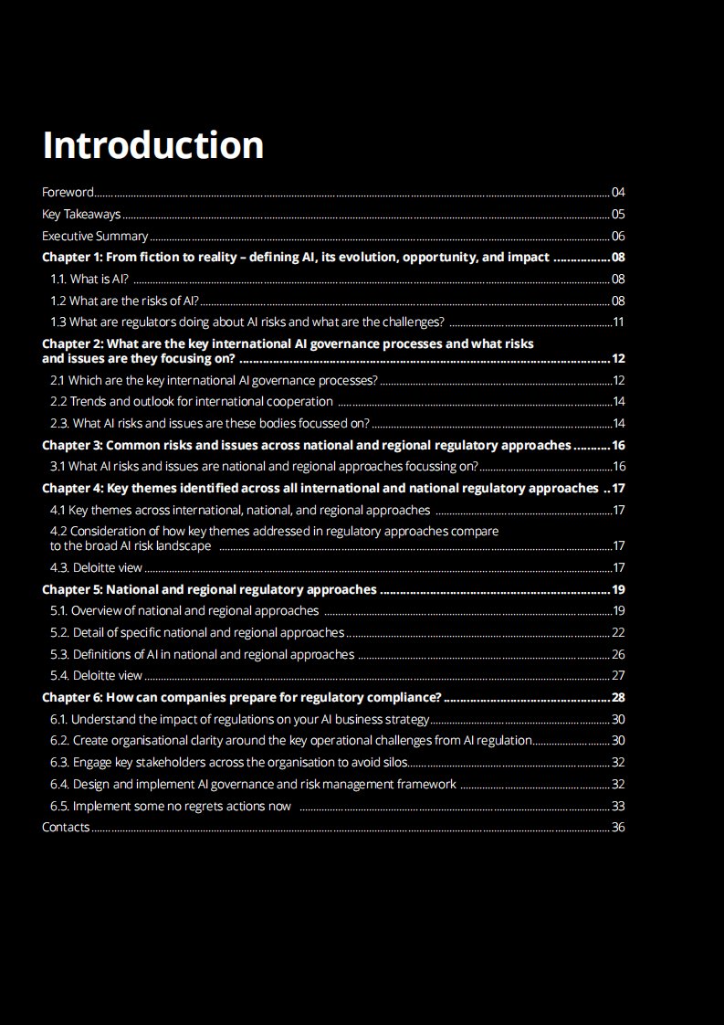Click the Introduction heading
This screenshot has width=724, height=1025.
[153, 145]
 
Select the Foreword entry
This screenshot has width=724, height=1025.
[68, 192]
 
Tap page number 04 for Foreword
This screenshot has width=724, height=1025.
[618, 192]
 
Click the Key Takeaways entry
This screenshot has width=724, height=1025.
[81, 215]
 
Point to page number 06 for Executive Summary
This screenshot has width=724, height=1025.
[618, 236]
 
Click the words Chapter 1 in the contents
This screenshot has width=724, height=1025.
[71, 257]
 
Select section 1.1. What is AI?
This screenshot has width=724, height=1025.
[89, 279]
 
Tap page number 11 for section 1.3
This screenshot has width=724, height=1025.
[618, 322]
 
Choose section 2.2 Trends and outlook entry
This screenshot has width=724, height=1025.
[191, 401]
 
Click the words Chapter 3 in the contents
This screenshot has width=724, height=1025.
[71, 445]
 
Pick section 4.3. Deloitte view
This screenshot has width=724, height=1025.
[96, 567]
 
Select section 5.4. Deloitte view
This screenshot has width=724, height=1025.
[96, 675]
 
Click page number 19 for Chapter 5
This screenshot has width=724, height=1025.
[618, 589]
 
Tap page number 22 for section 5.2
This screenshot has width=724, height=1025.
[618, 632]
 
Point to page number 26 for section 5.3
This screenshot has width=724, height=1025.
[618, 654]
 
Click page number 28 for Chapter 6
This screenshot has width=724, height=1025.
[618, 697]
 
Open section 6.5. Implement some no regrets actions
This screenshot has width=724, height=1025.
[171, 806]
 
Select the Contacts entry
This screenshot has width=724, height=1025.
[66, 827]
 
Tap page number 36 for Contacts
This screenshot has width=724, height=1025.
[618, 827]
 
